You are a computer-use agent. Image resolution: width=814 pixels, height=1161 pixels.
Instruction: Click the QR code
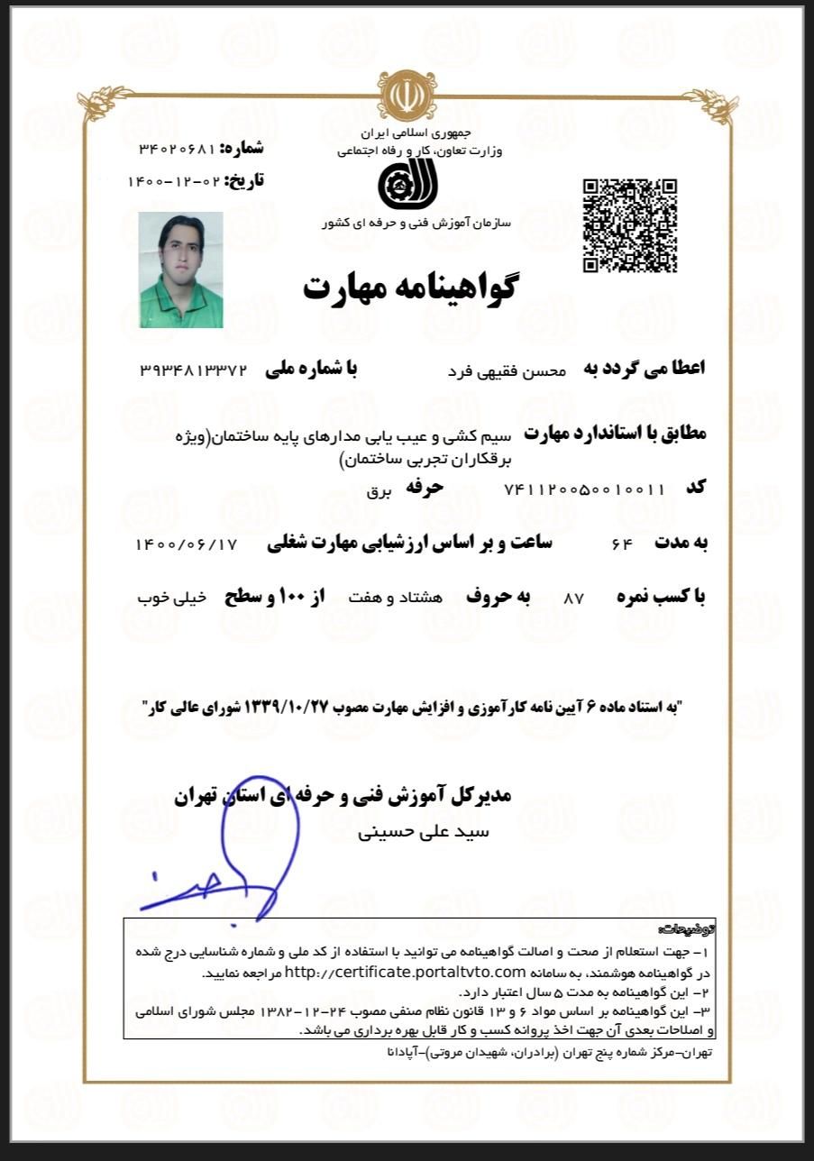click(629, 225)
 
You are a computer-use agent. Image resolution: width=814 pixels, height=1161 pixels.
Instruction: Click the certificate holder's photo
click(181, 270)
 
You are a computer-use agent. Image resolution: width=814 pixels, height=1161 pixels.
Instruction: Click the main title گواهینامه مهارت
click(408, 287)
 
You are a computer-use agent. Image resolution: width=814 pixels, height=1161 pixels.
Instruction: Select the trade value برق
click(376, 492)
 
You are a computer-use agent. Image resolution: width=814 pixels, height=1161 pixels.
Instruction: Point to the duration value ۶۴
click(622, 544)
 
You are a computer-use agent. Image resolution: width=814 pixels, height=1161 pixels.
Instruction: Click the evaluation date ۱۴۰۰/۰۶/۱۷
click(186, 544)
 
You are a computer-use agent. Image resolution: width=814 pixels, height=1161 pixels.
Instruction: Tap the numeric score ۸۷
click(573, 599)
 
